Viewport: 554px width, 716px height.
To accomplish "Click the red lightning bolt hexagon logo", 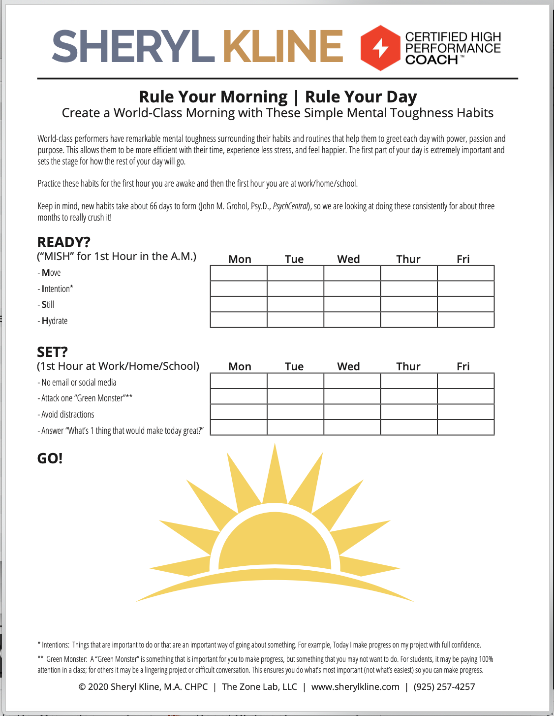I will [380, 48].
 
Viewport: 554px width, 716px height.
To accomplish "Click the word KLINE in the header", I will [283, 47].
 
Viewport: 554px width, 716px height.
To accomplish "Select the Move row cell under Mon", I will [239, 273].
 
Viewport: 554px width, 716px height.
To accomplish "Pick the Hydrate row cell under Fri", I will [465, 320].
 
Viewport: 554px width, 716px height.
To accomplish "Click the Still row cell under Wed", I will [352, 304].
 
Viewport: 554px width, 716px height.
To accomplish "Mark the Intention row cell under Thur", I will [409, 289].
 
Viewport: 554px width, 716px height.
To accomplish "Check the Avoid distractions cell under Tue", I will [295, 412].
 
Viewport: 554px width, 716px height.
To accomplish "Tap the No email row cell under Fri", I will [465, 381].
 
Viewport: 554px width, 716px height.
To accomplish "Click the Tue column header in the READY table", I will [294, 259].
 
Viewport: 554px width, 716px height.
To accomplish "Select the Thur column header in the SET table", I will [408, 366].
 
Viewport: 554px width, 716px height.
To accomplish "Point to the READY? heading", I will [64, 242].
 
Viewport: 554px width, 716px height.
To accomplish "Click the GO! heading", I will [50, 458].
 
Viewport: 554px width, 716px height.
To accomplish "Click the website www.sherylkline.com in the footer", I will [355, 686].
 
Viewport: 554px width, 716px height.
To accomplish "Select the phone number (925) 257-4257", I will [444, 686].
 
